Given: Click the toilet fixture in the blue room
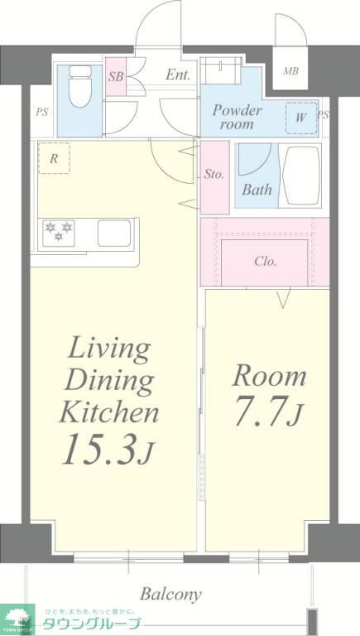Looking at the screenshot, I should coord(80,86).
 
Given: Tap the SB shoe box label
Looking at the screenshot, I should coord(116,76).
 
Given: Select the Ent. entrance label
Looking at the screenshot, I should coord(178,75).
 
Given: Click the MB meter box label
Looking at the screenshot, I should coord(290,71).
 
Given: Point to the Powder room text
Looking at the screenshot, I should coord(237,116).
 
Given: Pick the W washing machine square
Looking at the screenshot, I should coord(300,117).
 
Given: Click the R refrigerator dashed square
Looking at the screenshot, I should coord(54,158).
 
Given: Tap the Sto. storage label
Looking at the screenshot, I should coord(214,175).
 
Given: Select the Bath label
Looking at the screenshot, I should coord(257,190).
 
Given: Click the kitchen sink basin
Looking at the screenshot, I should coord(115,234).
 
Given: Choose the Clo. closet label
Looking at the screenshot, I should coord(265,262).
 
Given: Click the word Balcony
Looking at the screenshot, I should coord(170,594).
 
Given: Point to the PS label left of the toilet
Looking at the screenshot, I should coord(41,113).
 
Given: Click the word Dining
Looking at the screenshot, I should coord(109,380).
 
